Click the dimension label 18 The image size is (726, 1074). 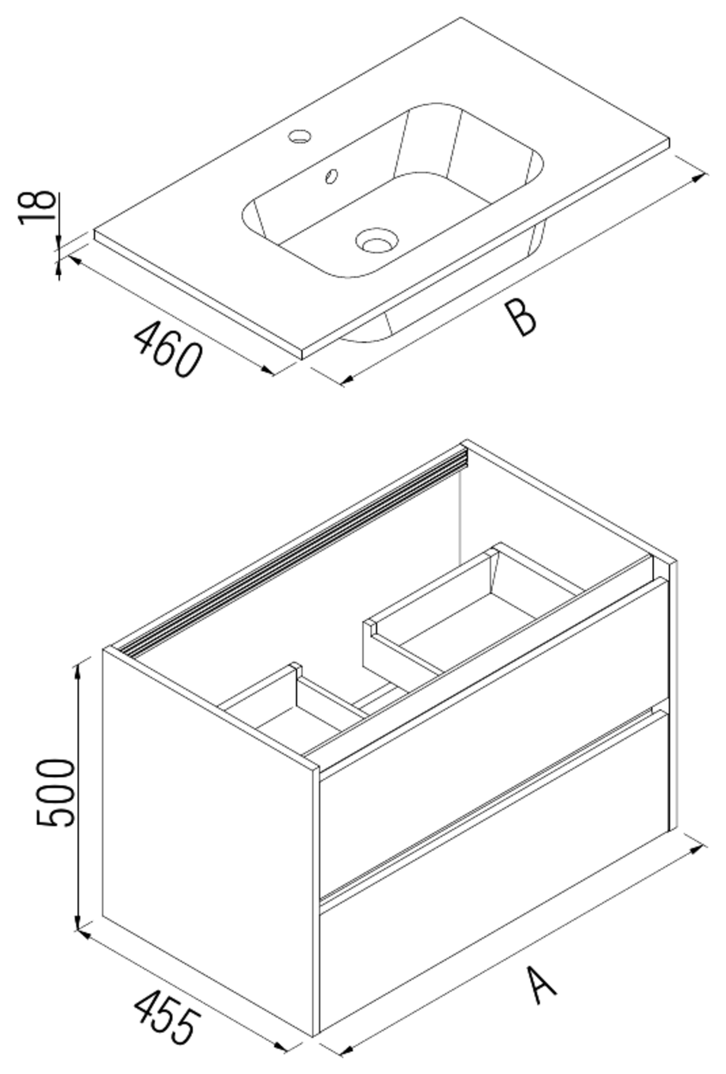click(x=38, y=206)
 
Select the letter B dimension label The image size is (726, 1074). click(x=520, y=318)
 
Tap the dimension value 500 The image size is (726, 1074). click(x=57, y=792)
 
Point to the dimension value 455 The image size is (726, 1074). click(x=163, y=1016)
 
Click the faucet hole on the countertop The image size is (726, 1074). click(x=299, y=136)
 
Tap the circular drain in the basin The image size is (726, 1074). click(x=376, y=240)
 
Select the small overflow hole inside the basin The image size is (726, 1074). click(x=332, y=177)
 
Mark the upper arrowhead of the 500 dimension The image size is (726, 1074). click(x=77, y=671)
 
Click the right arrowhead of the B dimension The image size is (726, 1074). click(x=698, y=179)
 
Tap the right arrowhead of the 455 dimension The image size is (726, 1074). click(x=283, y=1047)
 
